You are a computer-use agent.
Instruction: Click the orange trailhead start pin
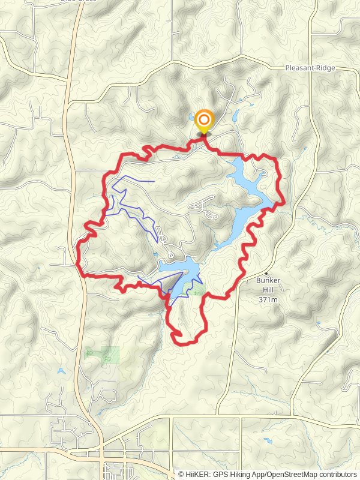[203, 119]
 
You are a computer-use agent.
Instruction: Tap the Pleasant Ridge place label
[310, 68]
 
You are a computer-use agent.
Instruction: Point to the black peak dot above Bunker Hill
[266, 273]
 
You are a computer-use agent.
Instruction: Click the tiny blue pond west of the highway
[61, 371]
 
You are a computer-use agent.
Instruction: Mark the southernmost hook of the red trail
[178, 335]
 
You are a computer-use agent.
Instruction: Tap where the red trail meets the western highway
[81, 274]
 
